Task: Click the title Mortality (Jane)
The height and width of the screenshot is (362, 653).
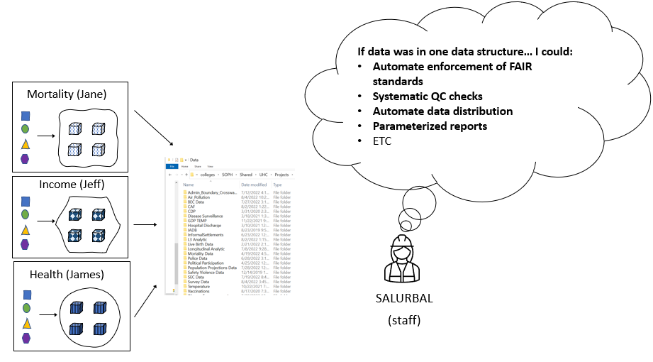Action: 68,94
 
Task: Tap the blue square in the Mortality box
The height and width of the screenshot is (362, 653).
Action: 26,116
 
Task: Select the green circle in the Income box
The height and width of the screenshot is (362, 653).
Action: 26,214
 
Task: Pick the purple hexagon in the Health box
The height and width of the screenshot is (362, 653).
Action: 26,338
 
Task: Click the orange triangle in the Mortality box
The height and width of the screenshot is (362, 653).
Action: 26,144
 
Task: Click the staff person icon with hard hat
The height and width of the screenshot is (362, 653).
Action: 403,259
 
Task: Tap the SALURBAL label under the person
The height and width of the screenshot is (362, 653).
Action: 403,298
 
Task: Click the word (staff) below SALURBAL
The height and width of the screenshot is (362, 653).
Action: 403,320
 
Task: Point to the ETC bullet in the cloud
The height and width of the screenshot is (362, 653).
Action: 382,141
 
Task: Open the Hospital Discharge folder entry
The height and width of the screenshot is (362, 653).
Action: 205,225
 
